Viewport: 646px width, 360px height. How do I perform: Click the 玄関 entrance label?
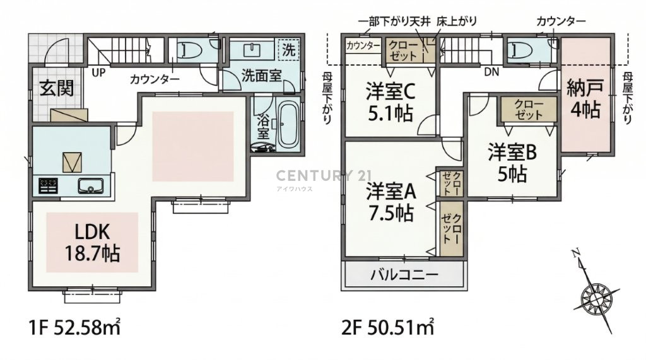pyautogui.click(x=57, y=88)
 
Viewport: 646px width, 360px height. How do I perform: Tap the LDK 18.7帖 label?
pyautogui.click(x=92, y=243)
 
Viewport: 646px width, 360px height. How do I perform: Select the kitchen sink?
pyautogui.click(x=91, y=186)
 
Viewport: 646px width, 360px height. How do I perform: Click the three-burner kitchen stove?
pyautogui.click(x=48, y=186)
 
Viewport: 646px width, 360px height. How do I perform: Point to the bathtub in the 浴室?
pyautogui.click(x=288, y=124)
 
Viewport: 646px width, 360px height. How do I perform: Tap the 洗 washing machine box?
pyautogui.click(x=288, y=50)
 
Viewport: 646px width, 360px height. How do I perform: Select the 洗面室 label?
pyautogui.click(x=261, y=76)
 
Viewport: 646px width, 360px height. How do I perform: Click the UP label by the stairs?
pyautogui.click(x=98, y=73)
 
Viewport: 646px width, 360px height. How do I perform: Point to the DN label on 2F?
pyautogui.click(x=491, y=72)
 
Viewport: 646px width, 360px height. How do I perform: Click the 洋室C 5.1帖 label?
pyautogui.click(x=390, y=103)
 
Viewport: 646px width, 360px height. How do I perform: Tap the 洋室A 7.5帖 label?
pyautogui.click(x=391, y=202)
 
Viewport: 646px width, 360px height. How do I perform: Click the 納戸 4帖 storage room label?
pyautogui.click(x=585, y=99)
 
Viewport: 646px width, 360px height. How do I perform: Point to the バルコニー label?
pyautogui.click(x=404, y=274)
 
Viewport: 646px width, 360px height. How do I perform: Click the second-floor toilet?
pyautogui.click(x=519, y=50)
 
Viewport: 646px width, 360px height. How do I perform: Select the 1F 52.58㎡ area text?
pyautogui.click(x=74, y=328)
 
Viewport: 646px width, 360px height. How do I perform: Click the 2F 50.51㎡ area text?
pyautogui.click(x=388, y=328)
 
